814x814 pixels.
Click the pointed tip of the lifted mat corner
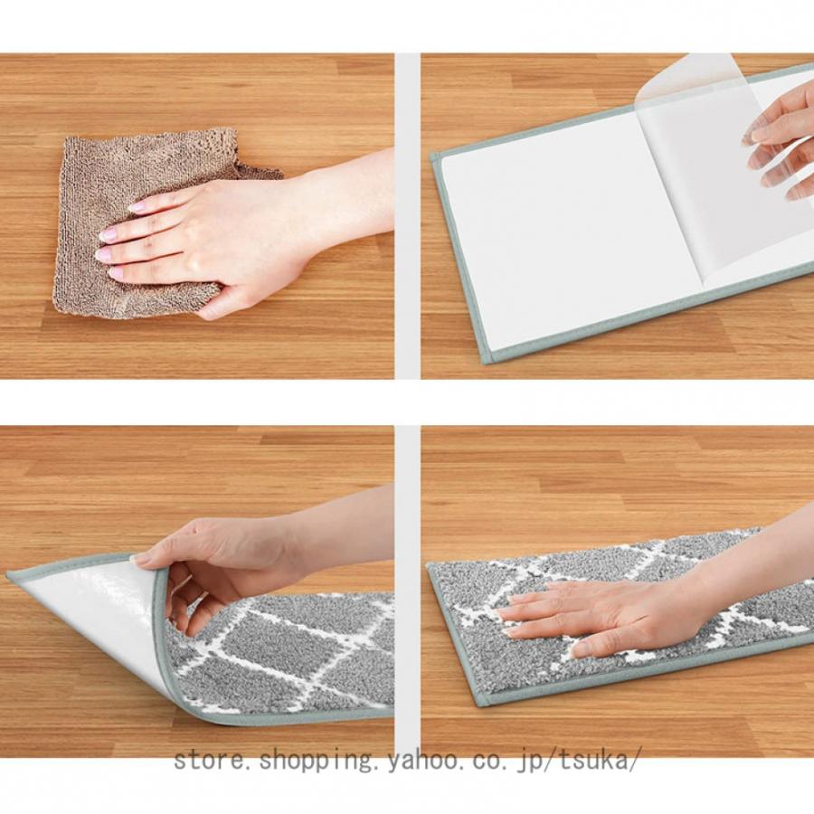[9, 576]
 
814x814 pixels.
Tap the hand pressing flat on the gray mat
[639, 608]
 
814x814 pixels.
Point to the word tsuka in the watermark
[597, 761]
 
